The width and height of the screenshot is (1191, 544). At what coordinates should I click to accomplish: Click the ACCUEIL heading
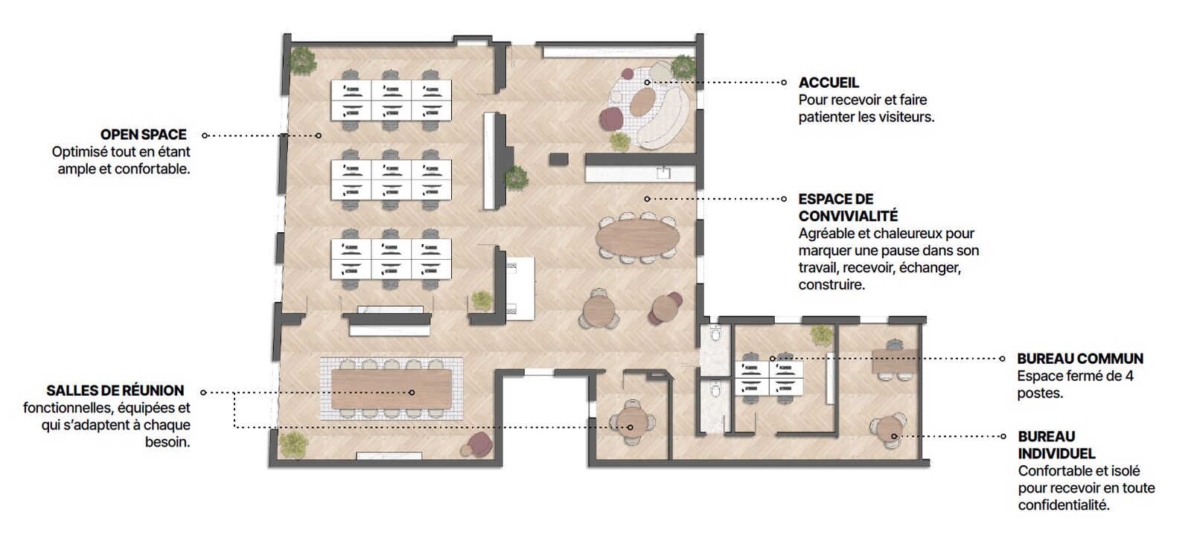coord(828,83)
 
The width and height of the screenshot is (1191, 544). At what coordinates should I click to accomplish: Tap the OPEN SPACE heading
coord(144,135)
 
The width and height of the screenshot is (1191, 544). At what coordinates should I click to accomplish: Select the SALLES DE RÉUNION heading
coord(115,391)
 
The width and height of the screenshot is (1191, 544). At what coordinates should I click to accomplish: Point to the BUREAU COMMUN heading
coord(1080,359)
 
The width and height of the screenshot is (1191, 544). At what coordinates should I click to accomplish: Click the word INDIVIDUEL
coord(1056,454)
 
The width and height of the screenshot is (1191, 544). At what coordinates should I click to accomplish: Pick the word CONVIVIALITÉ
coord(848,216)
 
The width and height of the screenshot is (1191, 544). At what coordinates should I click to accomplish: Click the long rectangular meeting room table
coord(392,389)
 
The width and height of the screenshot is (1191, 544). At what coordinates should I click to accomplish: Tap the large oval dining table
coord(637,237)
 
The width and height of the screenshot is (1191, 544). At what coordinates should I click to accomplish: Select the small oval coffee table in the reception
coord(643,103)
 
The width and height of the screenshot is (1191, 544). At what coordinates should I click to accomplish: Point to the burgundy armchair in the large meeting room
coord(482,444)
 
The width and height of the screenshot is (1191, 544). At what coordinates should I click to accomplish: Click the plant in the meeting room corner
coord(293,444)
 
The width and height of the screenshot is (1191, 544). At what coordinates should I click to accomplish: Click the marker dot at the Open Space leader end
coord(319,135)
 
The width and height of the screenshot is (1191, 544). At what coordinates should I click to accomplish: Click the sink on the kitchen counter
coord(663,173)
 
